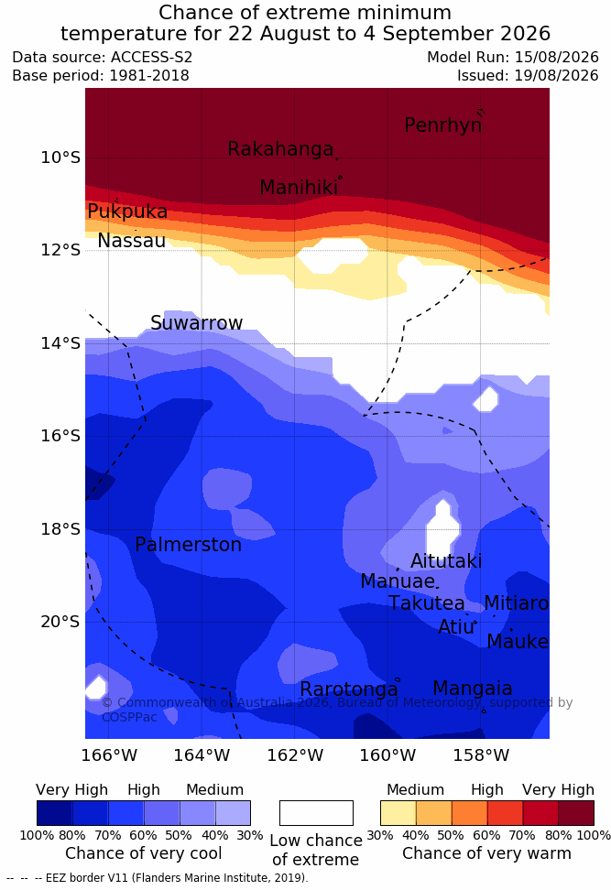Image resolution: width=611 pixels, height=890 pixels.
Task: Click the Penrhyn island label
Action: click(443, 125)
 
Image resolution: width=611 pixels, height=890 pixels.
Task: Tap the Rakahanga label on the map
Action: click(280, 149)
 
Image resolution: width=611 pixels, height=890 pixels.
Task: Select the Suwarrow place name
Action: click(196, 323)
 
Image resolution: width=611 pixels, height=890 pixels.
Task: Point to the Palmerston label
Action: click(189, 545)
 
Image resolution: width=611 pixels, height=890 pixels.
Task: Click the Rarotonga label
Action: click(349, 689)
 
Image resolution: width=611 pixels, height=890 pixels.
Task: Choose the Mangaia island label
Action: click(473, 689)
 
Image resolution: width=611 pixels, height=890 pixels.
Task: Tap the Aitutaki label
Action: click(446, 561)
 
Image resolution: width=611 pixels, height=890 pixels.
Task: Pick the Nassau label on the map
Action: click(132, 241)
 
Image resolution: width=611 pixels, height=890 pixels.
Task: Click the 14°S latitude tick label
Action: click(60, 342)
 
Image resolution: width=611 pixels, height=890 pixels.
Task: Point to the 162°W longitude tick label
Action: click(295, 755)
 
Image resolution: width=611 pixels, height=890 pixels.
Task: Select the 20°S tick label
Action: click(60, 622)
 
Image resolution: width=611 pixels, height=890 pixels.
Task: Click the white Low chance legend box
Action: click(316, 813)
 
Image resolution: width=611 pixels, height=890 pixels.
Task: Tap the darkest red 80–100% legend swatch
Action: click(576, 813)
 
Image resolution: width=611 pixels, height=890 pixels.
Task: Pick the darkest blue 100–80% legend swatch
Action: click(55, 813)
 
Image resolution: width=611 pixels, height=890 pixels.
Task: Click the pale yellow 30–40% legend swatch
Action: click(398, 813)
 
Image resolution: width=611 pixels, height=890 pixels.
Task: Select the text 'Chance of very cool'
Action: click(144, 853)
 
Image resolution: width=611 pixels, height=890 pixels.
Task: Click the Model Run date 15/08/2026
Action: click(556, 58)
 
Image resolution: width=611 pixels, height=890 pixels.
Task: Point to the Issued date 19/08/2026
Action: click(556, 75)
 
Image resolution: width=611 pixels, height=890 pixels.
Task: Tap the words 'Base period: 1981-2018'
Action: click(101, 75)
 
